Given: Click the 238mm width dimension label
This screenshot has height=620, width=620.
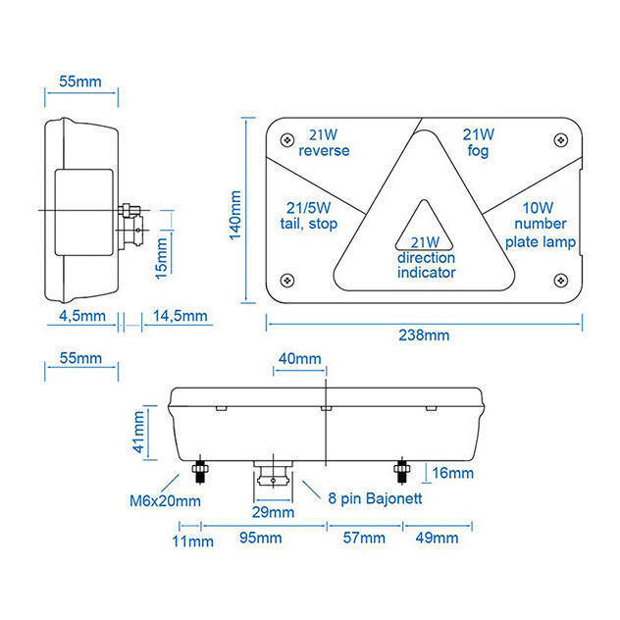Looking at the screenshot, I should coord(424,335).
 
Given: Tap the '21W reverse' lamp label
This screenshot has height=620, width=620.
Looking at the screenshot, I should coord(324,143).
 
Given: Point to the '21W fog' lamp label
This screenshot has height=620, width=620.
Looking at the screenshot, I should coord(478,143).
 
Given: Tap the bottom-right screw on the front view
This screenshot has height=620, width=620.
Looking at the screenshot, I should coord(562,280).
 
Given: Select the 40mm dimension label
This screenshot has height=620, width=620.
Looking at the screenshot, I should coord(299,359).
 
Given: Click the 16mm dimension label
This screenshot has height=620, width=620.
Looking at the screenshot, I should coord(451,474).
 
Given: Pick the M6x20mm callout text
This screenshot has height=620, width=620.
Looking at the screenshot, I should coord(165,501).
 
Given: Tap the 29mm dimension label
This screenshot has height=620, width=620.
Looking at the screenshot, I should coord(273,512).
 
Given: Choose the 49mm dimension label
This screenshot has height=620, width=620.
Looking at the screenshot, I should coord(436,539).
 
